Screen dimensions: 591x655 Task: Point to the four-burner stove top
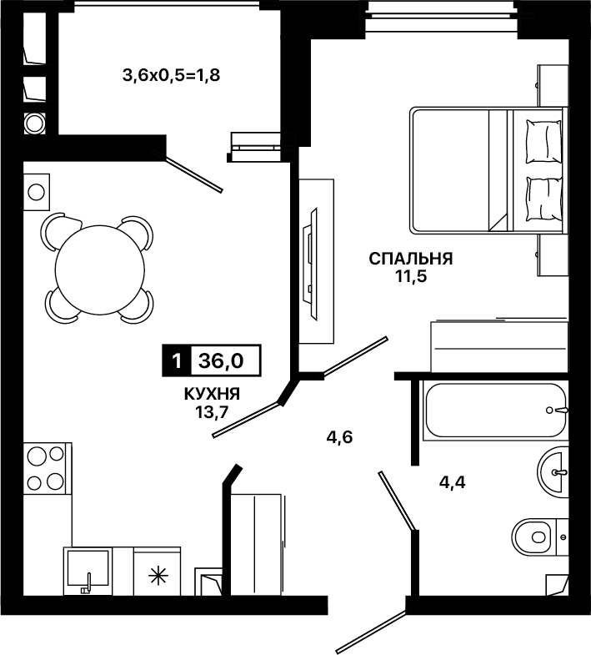[x=46, y=468]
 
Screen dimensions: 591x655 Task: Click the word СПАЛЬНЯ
[x=411, y=259]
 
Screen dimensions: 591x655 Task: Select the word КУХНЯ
[x=212, y=394]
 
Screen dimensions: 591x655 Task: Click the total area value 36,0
[x=221, y=360]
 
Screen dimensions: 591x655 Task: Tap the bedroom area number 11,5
[x=411, y=276]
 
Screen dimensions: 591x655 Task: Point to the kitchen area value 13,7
[x=212, y=412]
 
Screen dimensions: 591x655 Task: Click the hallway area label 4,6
[x=339, y=437]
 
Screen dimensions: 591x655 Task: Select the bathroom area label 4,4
[x=452, y=482]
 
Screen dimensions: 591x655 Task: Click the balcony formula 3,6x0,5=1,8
[x=171, y=76]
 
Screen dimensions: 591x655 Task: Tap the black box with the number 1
[x=177, y=360]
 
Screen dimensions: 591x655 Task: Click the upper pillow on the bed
[x=543, y=142]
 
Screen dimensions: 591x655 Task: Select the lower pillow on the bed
[x=543, y=199]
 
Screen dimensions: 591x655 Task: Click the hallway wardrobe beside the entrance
[x=257, y=545]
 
